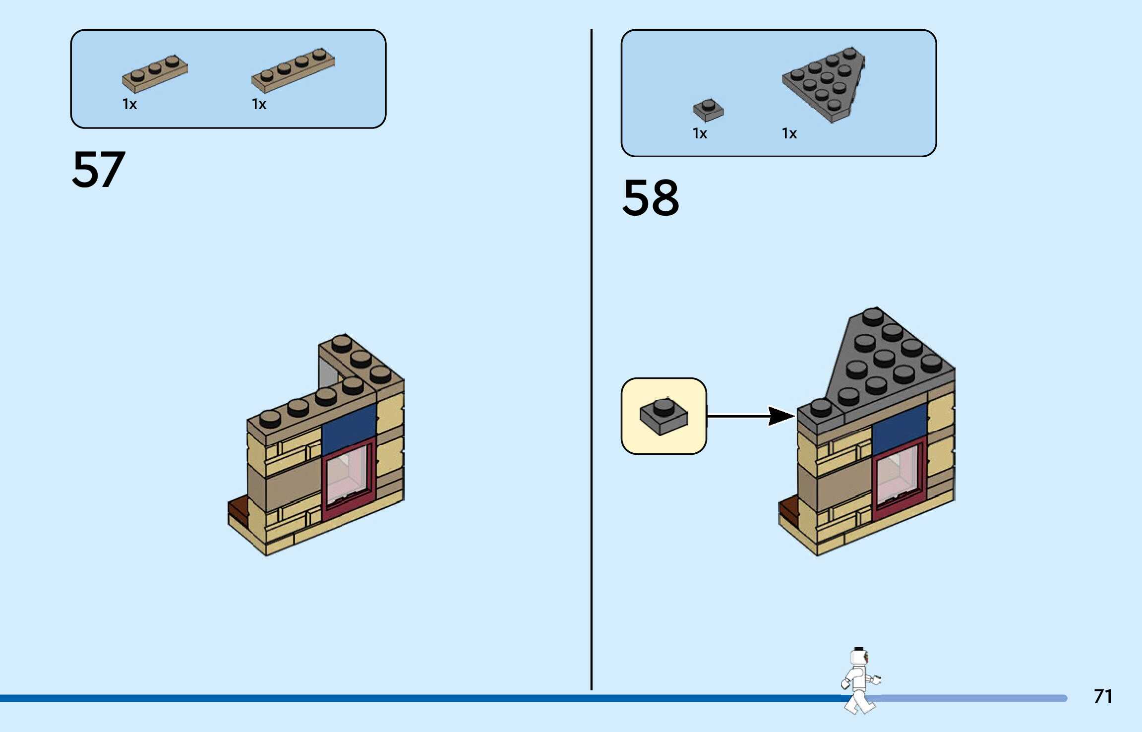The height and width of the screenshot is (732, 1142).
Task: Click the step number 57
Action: coord(98,170)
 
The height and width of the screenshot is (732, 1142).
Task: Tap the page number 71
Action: coord(1102,696)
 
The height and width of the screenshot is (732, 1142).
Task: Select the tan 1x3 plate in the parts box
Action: coord(155,74)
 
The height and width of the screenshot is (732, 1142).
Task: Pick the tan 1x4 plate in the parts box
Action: coord(293,71)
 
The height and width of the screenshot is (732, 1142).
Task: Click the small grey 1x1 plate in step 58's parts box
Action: coord(708,110)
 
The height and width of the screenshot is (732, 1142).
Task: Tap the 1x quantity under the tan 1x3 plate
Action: coord(129,104)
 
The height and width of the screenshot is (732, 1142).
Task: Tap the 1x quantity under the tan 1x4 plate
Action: coord(259,104)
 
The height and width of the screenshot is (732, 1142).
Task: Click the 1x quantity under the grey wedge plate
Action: coord(789,133)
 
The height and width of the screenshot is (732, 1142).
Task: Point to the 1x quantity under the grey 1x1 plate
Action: coord(700,133)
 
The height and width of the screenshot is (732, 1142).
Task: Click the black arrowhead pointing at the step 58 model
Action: coord(781,416)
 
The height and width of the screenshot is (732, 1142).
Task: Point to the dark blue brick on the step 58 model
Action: coord(899,427)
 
